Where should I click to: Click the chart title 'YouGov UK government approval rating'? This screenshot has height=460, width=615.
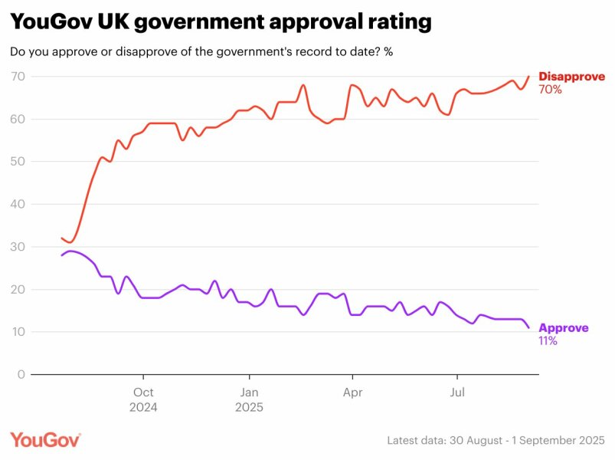(221, 22)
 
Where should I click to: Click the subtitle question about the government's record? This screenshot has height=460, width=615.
(201, 52)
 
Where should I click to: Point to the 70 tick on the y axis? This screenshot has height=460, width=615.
(18, 77)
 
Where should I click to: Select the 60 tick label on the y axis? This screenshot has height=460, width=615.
(18, 120)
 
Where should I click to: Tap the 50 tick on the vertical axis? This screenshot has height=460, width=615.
(18, 162)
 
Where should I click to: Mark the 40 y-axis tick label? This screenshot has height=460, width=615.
(18, 205)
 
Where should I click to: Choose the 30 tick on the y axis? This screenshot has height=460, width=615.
(18, 247)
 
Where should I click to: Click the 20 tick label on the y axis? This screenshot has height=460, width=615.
(18, 290)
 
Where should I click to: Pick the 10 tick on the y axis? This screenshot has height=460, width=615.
(18, 332)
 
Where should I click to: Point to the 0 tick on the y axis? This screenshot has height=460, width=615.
(21, 375)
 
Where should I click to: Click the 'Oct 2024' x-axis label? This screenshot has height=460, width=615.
(143, 399)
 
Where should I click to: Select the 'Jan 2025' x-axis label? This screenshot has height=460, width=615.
(248, 399)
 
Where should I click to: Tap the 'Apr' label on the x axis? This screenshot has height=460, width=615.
(352, 392)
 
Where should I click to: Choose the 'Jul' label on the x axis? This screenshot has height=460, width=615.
(457, 392)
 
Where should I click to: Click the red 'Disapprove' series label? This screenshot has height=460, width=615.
(571, 77)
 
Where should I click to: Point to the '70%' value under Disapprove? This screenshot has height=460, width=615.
(550, 90)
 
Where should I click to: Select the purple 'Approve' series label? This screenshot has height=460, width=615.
(564, 328)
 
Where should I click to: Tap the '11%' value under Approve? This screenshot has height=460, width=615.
(548, 341)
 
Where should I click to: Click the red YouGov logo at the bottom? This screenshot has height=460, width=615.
(45, 440)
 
